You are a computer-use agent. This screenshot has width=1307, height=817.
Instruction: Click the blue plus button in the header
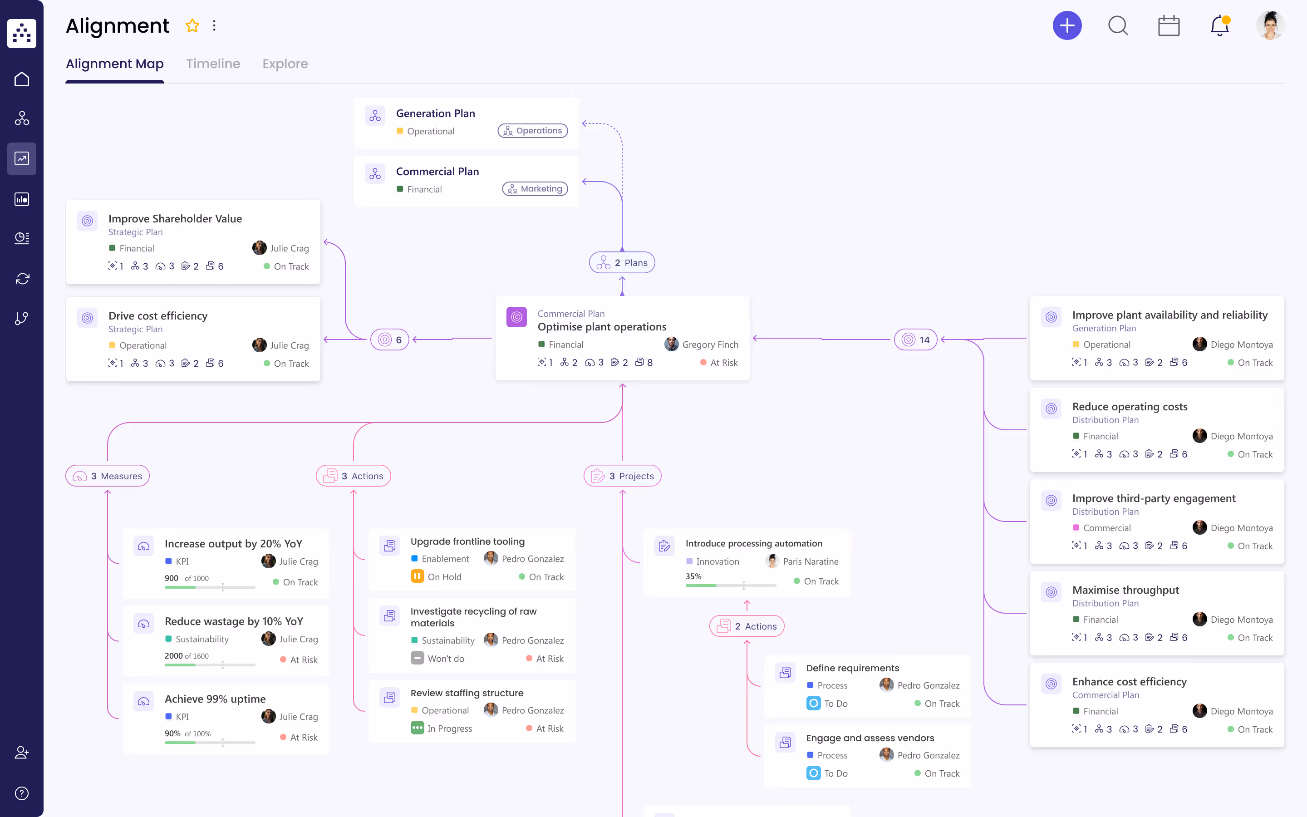click(1066, 25)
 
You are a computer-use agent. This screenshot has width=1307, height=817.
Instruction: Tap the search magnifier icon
click(1117, 25)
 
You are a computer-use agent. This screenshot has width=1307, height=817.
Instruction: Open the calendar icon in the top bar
click(1168, 25)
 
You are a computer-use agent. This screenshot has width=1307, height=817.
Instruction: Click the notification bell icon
click(1219, 25)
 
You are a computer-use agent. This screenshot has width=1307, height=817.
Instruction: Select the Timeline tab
click(213, 64)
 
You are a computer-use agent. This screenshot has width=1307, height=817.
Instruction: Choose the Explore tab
click(285, 64)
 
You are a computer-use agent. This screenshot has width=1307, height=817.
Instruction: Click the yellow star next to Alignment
click(192, 25)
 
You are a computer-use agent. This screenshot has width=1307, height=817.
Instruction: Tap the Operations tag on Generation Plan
click(532, 131)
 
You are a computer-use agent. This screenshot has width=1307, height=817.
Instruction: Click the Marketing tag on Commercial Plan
click(535, 188)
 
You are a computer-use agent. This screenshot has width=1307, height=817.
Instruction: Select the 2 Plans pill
click(622, 263)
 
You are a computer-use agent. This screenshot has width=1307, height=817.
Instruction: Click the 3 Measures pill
click(108, 476)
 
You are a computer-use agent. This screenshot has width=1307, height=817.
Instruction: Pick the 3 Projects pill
click(622, 476)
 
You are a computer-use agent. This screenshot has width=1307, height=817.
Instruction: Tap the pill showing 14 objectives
click(915, 340)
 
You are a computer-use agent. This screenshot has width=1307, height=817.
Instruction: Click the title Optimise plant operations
click(602, 327)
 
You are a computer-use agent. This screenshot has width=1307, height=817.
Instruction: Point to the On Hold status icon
click(417, 576)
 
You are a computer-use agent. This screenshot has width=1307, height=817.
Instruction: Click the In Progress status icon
click(417, 728)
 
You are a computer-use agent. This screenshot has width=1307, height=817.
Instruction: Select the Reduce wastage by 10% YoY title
click(234, 621)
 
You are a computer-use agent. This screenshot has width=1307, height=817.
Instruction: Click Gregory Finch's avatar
click(671, 344)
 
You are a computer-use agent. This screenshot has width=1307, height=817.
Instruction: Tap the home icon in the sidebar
click(22, 79)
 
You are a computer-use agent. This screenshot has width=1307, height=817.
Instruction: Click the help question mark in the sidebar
click(22, 793)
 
